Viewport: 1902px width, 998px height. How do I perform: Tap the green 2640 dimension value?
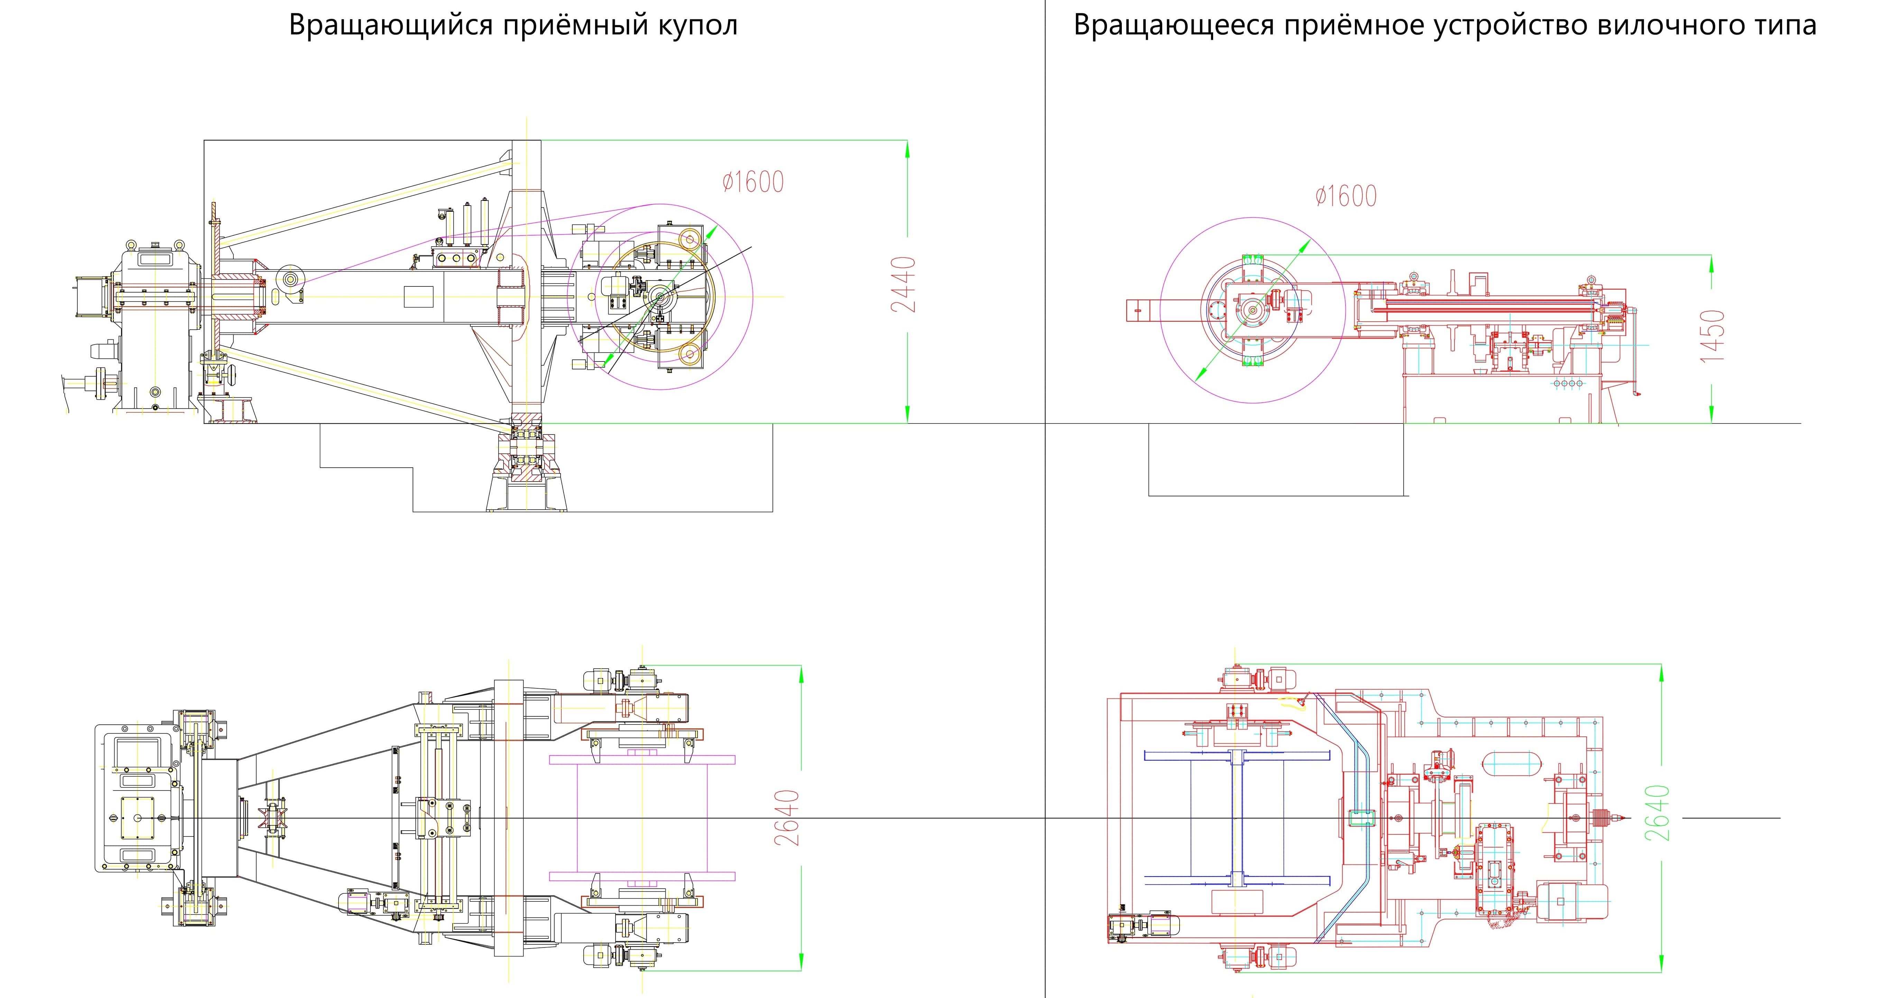tap(1658, 813)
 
